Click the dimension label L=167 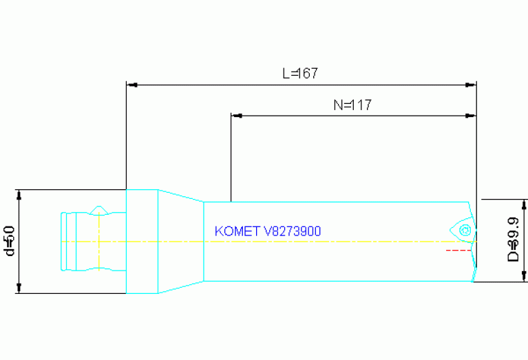[x=300, y=74]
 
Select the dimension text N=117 [x=352, y=105]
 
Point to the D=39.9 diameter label [x=513, y=241]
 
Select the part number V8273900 [x=293, y=231]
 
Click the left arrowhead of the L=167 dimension [x=131, y=85]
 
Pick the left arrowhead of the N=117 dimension [x=236, y=116]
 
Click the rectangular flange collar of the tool [x=142, y=241]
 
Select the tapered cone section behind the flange [x=180, y=241]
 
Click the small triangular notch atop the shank [x=100, y=209]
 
